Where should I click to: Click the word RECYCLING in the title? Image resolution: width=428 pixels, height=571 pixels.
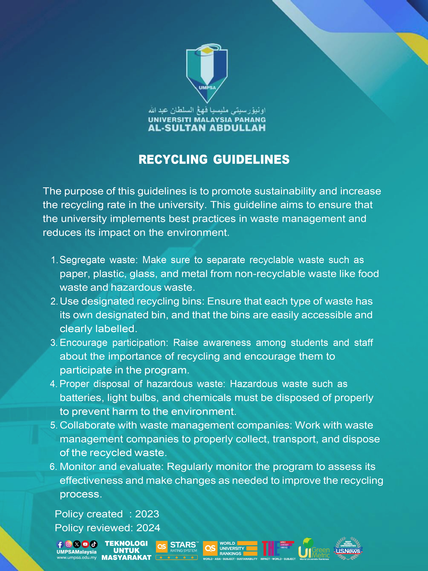pos(173,159)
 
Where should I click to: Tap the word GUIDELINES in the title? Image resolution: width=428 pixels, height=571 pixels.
pos(251,159)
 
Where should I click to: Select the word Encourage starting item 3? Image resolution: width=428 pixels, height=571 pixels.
pos(84,343)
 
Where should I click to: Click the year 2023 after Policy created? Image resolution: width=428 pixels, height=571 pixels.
pos(147,514)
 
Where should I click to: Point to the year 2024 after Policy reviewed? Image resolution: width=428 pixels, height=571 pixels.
pos(148,528)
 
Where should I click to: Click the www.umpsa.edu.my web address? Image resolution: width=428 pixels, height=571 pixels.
pos(77,557)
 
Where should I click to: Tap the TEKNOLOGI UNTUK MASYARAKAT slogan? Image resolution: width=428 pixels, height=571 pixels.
pos(126,551)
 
